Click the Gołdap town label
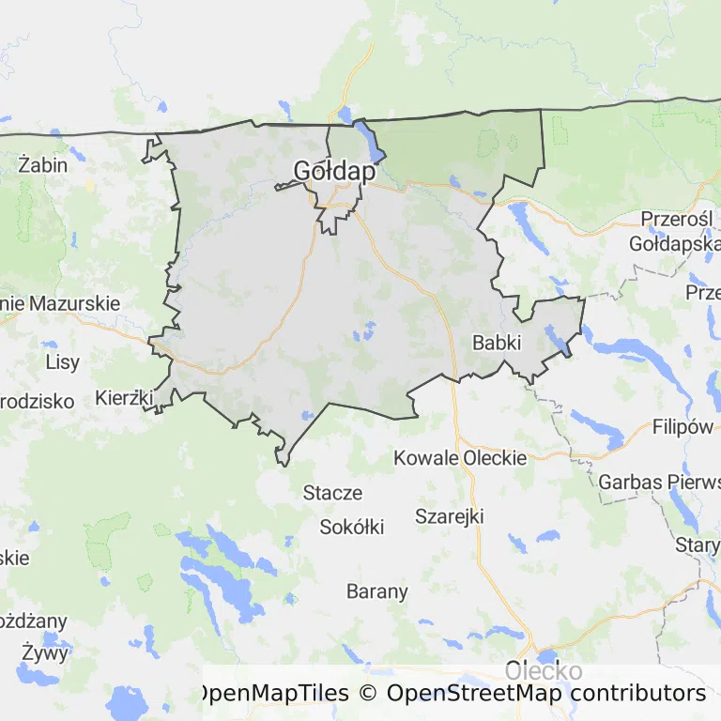[x=334, y=171]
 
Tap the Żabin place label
[x=43, y=164]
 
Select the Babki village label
[x=497, y=343]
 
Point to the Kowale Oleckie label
[x=460, y=458]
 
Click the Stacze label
[x=332, y=492]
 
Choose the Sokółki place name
[x=352, y=527]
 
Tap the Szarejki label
[x=449, y=515]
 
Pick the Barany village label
[x=377, y=591]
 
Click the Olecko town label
[x=543, y=671]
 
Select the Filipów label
[x=683, y=427]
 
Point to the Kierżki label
[x=124, y=398]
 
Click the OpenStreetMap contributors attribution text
[x=545, y=694]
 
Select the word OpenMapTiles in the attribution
[x=270, y=694]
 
